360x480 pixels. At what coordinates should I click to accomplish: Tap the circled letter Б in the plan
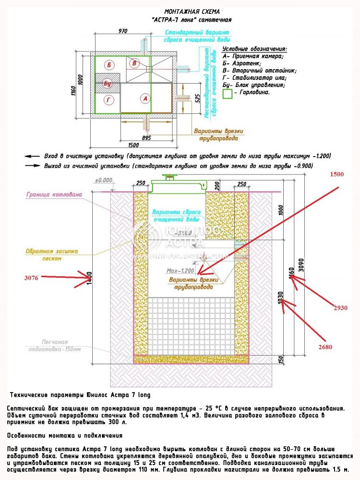(110, 64)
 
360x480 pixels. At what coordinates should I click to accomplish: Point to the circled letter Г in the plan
(109, 100)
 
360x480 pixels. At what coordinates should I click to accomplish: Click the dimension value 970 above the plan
(122, 31)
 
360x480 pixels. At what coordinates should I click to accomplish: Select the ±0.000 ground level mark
(103, 181)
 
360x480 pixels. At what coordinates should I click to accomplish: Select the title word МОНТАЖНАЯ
(180, 11)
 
